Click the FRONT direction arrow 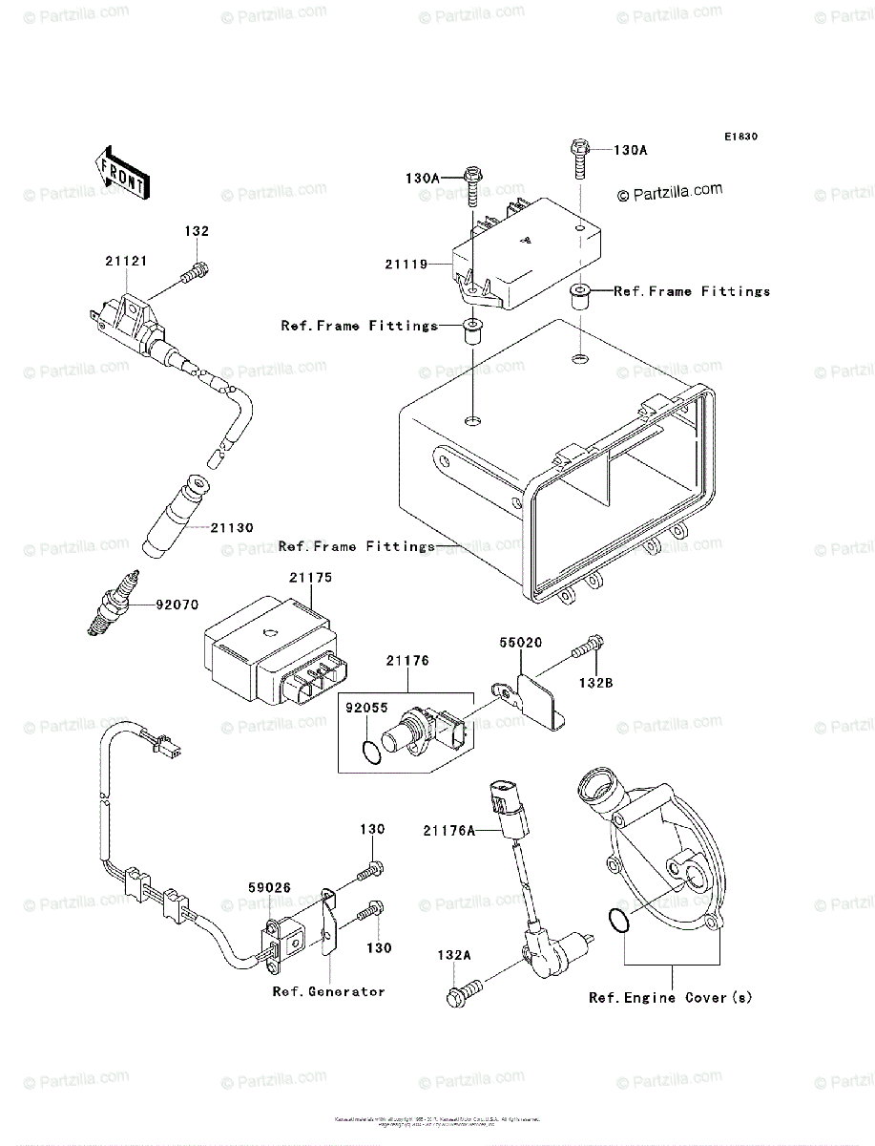(119, 171)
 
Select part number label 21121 (126, 261)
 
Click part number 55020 (521, 644)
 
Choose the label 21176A (448, 831)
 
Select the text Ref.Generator (328, 991)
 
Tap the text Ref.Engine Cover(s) (670, 998)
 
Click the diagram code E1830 (740, 138)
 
